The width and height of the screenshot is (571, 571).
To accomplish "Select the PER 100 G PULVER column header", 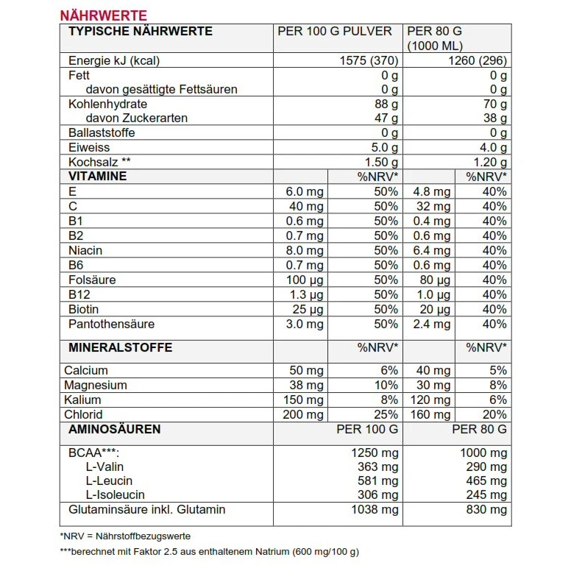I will pyautogui.click(x=335, y=31).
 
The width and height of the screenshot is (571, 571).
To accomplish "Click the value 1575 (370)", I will pyautogui.click(x=370, y=60).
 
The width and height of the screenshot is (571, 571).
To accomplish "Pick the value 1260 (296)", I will pyautogui.click(x=478, y=60).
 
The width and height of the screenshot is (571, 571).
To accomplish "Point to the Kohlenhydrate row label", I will pyautogui.click(x=107, y=104).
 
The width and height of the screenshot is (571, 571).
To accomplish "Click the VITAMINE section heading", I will pyautogui.click(x=97, y=177).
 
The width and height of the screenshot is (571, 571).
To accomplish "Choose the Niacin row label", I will pyautogui.click(x=85, y=250).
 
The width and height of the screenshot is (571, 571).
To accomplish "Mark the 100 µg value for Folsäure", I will pyautogui.click(x=305, y=280).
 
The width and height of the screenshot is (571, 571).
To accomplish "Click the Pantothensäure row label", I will pyautogui.click(x=111, y=324).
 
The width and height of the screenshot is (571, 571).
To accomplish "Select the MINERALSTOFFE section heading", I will pyautogui.click(x=120, y=347).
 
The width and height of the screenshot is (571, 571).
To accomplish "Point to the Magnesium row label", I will pyautogui.click(x=96, y=385).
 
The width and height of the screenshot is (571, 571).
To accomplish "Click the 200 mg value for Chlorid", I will pyautogui.click(x=303, y=414).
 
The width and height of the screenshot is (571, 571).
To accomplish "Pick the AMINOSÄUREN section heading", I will pyautogui.click(x=114, y=429).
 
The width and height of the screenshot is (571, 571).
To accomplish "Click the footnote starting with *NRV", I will pyautogui.click(x=125, y=536).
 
